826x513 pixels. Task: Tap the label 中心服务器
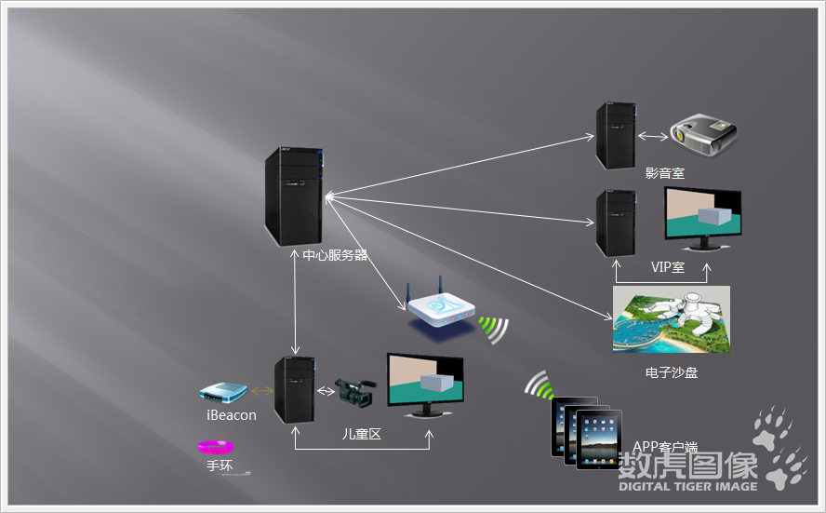pyautogui.click(x=335, y=255)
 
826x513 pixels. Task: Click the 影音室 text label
pyautogui.click(x=665, y=173)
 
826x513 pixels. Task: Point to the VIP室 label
pyautogui.click(x=667, y=267)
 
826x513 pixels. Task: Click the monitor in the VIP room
pyautogui.click(x=702, y=218)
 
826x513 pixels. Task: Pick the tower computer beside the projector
pyautogui.click(x=616, y=136)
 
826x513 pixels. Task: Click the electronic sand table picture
pyautogui.click(x=671, y=319)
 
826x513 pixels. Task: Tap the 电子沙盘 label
pyautogui.click(x=671, y=372)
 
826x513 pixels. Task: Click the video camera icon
pyautogui.click(x=355, y=391)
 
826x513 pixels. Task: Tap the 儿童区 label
pyautogui.click(x=362, y=434)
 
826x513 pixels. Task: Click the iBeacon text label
pyautogui.click(x=232, y=415)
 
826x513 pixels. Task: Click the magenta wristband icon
pyautogui.click(x=220, y=448)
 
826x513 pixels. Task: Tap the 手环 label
pyautogui.click(x=220, y=466)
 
